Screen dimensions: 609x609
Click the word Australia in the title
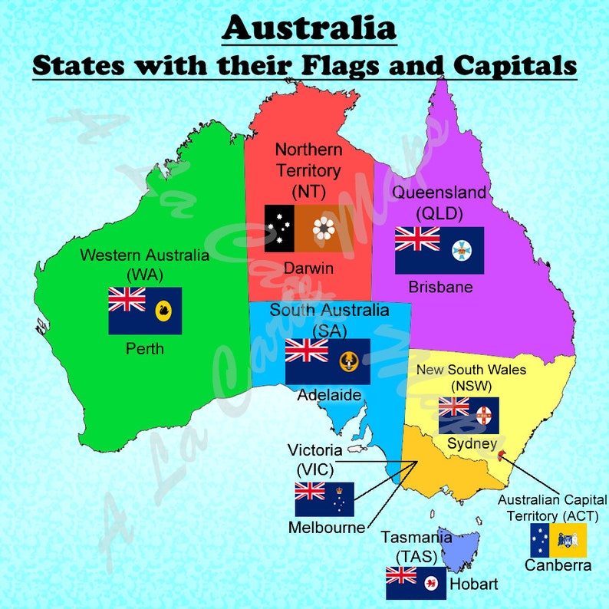pyautogui.click(x=309, y=28)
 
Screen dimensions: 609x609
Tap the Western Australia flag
pyautogui.click(x=145, y=311)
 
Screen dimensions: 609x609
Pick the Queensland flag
pyautogui.click(x=439, y=250)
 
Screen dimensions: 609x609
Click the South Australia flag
pyautogui.click(x=328, y=361)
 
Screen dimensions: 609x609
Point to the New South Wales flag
pyautogui.click(x=469, y=415)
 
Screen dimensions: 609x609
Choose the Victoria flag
pyautogui.click(x=324, y=499)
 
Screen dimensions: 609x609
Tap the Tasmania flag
pyautogui.click(x=416, y=583)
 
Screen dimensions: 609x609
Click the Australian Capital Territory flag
pyautogui.click(x=558, y=541)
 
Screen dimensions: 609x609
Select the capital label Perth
pyautogui.click(x=145, y=349)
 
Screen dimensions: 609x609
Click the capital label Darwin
pyautogui.click(x=308, y=268)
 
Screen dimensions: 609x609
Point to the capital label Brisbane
pyautogui.click(x=440, y=288)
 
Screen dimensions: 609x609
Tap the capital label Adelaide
pyautogui.click(x=330, y=396)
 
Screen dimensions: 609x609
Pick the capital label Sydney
pyautogui.click(x=472, y=443)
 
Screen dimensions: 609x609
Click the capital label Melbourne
pyautogui.click(x=327, y=528)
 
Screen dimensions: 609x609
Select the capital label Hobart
pyautogui.click(x=473, y=584)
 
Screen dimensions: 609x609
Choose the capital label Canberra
pyautogui.click(x=558, y=565)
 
